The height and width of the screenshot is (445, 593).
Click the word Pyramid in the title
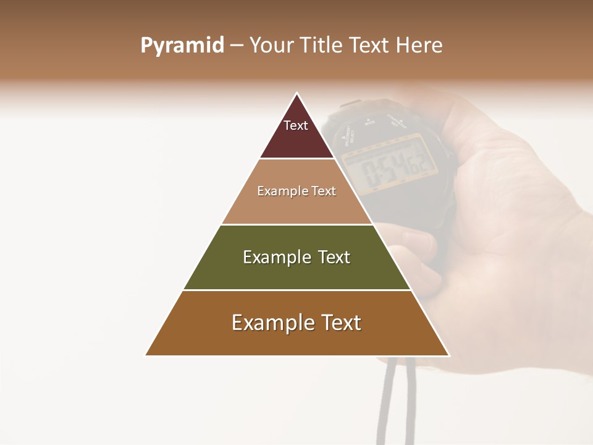(182, 46)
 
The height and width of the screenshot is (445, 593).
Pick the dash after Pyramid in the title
(237, 46)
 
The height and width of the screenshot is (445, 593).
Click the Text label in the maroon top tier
(296, 125)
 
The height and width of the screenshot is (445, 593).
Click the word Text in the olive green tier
(334, 257)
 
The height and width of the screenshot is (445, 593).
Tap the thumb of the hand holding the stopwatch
(411, 238)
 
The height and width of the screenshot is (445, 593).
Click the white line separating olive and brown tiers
(297, 290)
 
